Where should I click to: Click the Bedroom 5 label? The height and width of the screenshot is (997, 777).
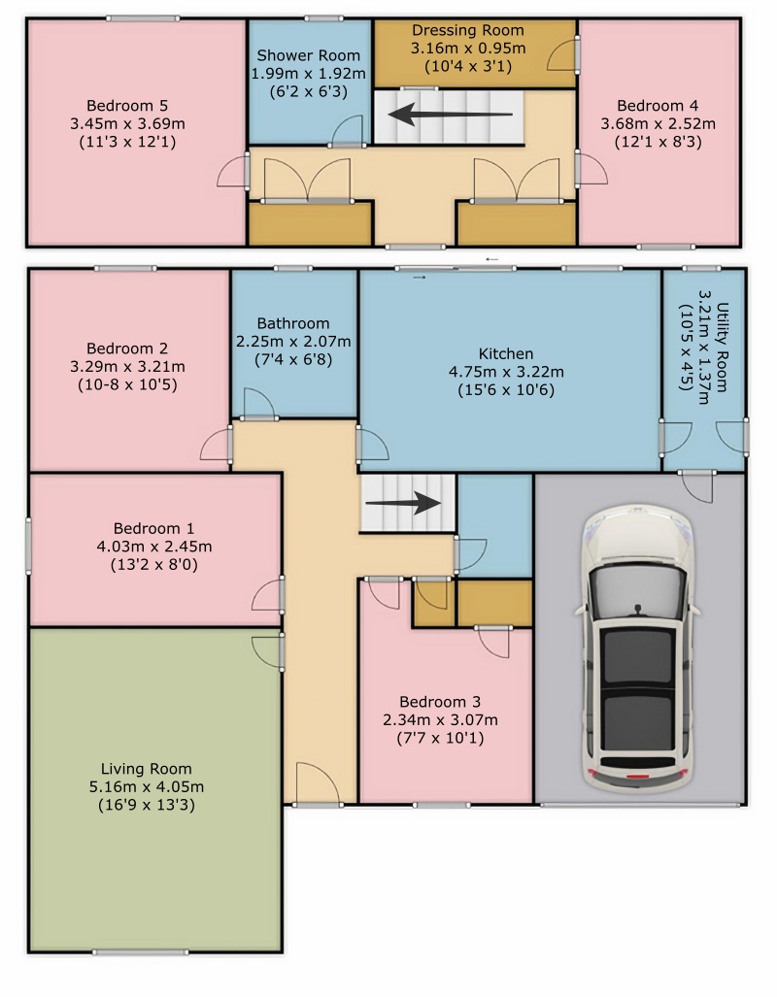pyautogui.click(x=127, y=106)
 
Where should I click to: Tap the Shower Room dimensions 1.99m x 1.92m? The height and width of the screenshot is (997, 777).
pyautogui.click(x=309, y=74)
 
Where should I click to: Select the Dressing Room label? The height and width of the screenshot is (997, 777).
pyautogui.click(x=468, y=30)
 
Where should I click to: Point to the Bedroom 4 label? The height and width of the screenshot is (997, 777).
pyautogui.click(x=658, y=106)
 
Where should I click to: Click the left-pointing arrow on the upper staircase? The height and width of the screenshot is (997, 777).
pyautogui.click(x=451, y=116)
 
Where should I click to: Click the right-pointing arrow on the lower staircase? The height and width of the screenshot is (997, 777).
pyautogui.click(x=403, y=503)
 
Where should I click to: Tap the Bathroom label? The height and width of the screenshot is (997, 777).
pyautogui.click(x=293, y=323)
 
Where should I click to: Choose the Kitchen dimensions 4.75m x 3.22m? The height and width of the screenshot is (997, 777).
pyautogui.click(x=506, y=372)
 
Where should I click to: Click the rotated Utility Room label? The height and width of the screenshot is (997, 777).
pyautogui.click(x=723, y=348)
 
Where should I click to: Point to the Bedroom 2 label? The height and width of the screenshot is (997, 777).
pyautogui.click(x=127, y=349)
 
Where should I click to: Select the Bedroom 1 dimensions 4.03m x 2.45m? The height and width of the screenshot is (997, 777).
pyautogui.click(x=154, y=547)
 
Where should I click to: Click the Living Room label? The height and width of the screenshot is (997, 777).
pyautogui.click(x=147, y=769)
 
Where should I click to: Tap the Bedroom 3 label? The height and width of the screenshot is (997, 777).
pyautogui.click(x=440, y=702)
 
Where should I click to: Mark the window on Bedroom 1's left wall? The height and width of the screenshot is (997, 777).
pyautogui.click(x=28, y=547)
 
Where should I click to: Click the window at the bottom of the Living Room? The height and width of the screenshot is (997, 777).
pyautogui.click(x=141, y=952)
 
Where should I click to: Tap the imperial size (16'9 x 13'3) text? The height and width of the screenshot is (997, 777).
pyautogui.click(x=147, y=805)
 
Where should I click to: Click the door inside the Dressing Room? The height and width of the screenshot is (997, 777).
pyautogui.click(x=561, y=55)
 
